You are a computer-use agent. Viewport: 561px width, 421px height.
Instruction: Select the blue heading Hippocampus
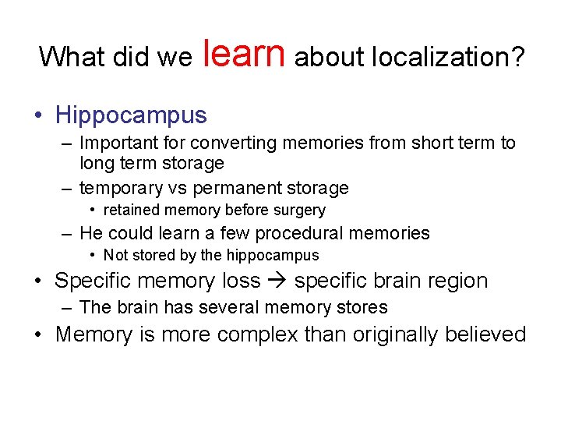tap(131, 115)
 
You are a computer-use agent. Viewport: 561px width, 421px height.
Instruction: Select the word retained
tap(129, 210)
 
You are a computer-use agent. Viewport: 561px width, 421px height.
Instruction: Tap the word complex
tap(259, 334)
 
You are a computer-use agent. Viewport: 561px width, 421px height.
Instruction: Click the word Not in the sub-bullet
tap(115, 255)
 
